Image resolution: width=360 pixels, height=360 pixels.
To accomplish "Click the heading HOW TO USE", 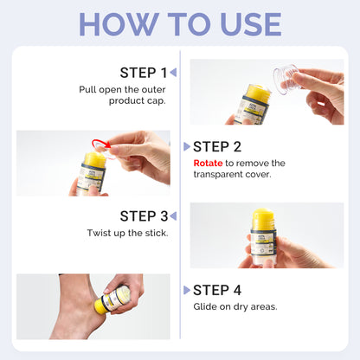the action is (x=180, y=24).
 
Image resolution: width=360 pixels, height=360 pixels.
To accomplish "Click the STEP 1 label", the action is (x=144, y=73).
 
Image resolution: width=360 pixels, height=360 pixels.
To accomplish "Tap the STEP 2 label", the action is (x=217, y=147).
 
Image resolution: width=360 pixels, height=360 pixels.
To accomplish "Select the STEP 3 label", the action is (x=144, y=216).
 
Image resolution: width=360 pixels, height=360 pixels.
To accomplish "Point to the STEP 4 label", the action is (x=217, y=290).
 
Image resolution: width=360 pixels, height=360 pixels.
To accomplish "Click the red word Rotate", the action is (x=208, y=164).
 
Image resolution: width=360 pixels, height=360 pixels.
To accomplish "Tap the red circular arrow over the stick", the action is (x=101, y=145).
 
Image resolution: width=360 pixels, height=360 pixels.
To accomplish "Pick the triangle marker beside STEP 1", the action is (x=173, y=72).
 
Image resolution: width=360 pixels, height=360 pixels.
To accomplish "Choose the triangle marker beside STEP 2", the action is (x=187, y=146).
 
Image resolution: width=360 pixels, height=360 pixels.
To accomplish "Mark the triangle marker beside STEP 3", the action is (x=173, y=215).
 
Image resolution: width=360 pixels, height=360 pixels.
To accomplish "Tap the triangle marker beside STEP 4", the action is (x=187, y=290).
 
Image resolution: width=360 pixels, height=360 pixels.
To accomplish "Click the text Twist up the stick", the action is (x=127, y=233).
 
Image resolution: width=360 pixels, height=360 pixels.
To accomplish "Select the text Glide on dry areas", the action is (x=235, y=306).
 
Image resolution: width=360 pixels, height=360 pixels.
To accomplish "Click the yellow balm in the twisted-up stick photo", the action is (x=262, y=219).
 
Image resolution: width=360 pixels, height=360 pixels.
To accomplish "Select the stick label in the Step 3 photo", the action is (x=262, y=244).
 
